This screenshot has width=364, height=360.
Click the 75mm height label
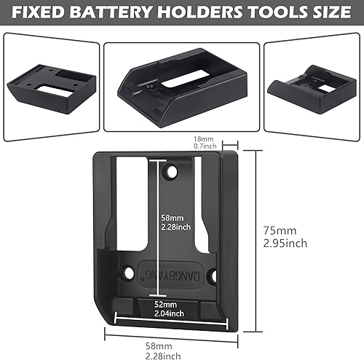point(278,230)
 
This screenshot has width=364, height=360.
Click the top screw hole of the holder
point(172,171)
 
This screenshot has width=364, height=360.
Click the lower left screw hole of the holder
point(130,274)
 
